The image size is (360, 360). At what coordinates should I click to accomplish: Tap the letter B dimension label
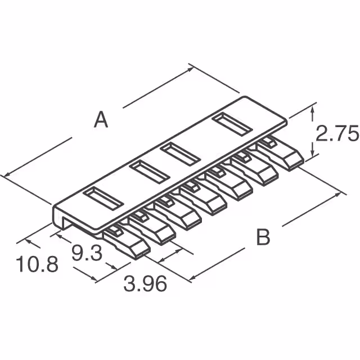[263, 237]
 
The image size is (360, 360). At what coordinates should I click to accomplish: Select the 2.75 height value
[336, 135]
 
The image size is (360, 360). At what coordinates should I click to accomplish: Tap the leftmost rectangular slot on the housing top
[103, 197]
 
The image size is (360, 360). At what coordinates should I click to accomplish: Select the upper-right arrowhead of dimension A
[192, 68]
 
